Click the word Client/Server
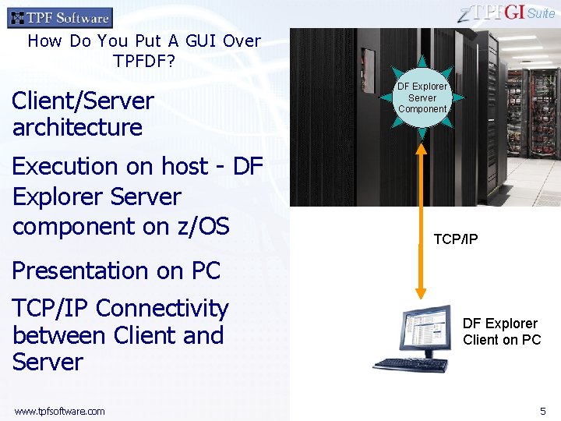click(x=83, y=101)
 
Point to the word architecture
click(x=77, y=127)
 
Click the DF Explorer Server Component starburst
click(x=422, y=97)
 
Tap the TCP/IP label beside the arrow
click(x=456, y=239)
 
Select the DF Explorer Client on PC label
click(x=501, y=331)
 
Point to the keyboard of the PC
click(x=408, y=364)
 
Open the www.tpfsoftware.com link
click(x=59, y=411)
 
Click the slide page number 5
click(x=543, y=410)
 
